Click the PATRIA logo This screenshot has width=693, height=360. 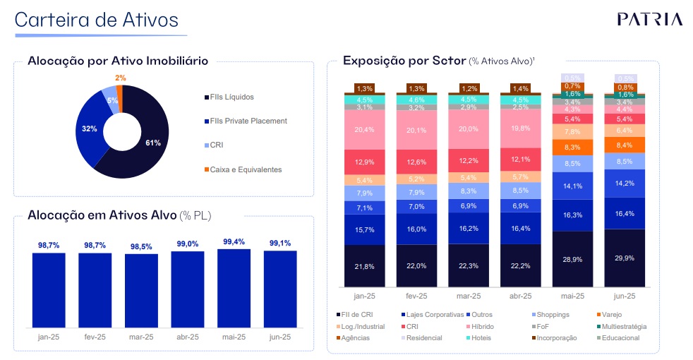(x=649, y=19)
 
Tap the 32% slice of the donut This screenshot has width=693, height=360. (x=90, y=128)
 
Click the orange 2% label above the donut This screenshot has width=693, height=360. (x=121, y=78)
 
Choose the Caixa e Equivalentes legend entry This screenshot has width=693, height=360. (x=244, y=169)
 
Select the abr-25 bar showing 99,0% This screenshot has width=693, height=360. (x=188, y=289)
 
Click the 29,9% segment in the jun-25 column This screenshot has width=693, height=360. (x=625, y=258)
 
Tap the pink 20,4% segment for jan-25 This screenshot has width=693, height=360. (x=365, y=129)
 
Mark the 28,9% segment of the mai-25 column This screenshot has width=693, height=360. (x=572, y=259)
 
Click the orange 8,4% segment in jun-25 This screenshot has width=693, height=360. (x=625, y=145)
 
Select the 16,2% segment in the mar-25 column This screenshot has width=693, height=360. (x=469, y=229)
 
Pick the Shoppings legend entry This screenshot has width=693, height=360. (x=553, y=314)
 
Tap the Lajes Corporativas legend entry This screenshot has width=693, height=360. (x=435, y=314)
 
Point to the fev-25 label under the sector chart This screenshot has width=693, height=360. (x=417, y=296)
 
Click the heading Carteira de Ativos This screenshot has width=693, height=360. (x=96, y=20)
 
